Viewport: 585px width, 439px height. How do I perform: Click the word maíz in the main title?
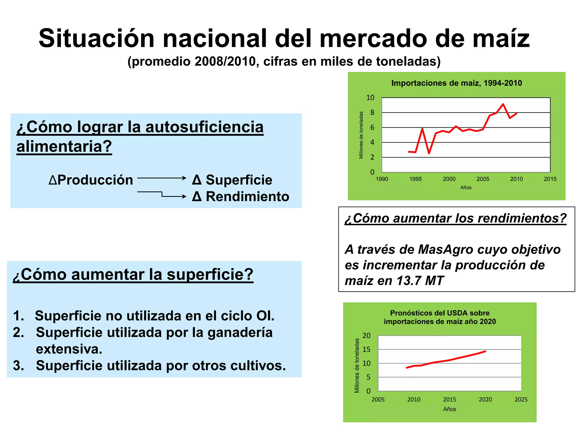[x=501, y=38]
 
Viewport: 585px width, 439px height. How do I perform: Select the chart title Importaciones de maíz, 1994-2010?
[x=456, y=83]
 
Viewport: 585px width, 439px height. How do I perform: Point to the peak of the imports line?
[x=503, y=104]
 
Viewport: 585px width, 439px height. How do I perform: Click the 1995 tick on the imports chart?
[x=415, y=179]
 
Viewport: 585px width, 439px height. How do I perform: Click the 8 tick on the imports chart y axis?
[x=372, y=113]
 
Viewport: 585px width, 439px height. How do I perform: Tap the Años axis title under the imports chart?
[x=466, y=187]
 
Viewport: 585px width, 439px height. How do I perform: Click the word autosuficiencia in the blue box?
[x=204, y=127]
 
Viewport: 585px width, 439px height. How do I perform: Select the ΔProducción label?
[x=91, y=180]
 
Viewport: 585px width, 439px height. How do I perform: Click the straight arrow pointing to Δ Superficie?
[x=162, y=178]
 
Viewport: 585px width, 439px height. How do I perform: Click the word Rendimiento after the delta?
[x=247, y=197]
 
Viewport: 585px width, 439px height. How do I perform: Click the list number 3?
[x=18, y=366]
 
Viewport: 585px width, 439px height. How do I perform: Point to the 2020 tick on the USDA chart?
[x=485, y=400]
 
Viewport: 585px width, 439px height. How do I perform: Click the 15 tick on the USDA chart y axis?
[x=366, y=349]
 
